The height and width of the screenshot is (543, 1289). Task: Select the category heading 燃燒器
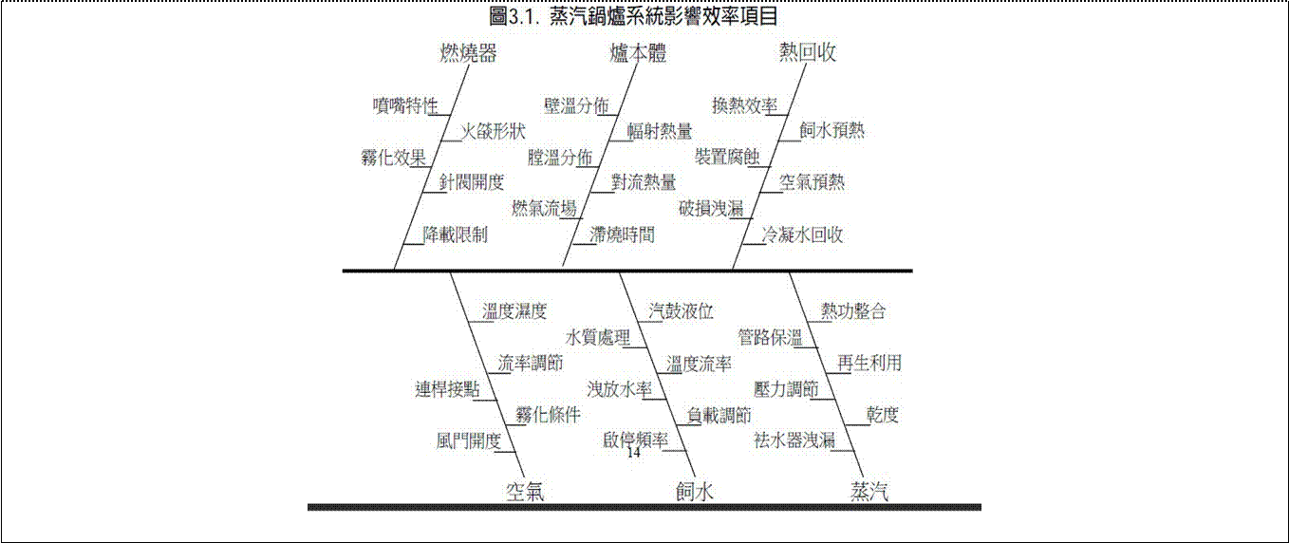tap(468, 53)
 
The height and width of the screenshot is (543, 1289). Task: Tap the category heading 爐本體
tap(638, 53)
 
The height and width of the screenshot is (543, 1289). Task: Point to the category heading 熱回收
tap(808, 52)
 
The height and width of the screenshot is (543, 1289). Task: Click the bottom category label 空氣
tap(525, 491)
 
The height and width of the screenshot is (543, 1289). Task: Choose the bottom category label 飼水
tap(695, 491)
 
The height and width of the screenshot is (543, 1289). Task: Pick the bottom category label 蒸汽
tap(869, 491)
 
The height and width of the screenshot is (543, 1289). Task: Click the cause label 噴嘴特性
tap(405, 105)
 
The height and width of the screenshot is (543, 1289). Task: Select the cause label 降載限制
tap(456, 234)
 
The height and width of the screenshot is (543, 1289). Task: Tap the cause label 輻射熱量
tap(660, 132)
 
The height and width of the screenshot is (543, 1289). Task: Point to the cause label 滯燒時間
tap(622, 234)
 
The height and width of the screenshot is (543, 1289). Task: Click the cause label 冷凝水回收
tap(802, 234)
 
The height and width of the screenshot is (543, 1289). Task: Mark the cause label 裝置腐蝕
tap(727, 157)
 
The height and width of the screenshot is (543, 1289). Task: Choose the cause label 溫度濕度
tap(514, 311)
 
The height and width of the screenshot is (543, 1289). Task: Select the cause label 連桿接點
tap(447, 389)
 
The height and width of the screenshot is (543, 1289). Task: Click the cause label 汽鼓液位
tap(681, 311)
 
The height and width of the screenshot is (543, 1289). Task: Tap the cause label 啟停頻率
tap(636, 440)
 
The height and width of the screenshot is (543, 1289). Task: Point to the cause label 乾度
tap(882, 415)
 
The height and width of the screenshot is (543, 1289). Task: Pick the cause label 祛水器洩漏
tap(794, 440)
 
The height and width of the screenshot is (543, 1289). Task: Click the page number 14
tap(633, 453)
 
